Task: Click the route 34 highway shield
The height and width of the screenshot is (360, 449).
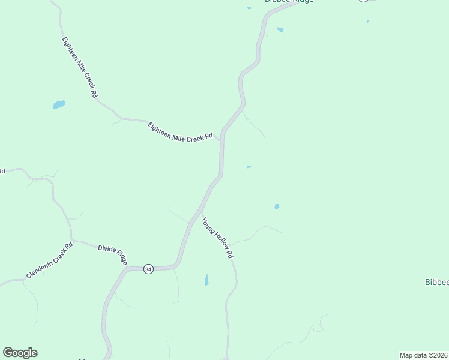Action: pos(148,269)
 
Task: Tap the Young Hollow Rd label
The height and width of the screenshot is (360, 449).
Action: pos(217,238)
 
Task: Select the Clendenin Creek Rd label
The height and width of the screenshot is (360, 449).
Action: pos(50,260)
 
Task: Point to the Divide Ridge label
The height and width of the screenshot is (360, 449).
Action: pos(113,254)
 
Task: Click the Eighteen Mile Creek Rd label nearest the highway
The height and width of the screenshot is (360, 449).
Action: pos(180,131)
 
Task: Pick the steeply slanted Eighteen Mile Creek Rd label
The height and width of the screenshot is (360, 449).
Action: pos(79,67)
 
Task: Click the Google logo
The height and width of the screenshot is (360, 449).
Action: pos(20,353)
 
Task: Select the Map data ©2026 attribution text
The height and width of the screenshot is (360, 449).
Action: pos(424,355)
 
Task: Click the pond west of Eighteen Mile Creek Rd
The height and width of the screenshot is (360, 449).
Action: pos(59,105)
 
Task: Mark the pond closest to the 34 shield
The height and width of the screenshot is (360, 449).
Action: pos(206,280)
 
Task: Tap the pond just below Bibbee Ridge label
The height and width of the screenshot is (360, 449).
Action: pos(280,29)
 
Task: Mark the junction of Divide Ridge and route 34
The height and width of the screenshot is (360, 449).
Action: pos(127,269)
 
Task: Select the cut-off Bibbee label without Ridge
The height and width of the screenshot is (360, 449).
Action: pos(436,282)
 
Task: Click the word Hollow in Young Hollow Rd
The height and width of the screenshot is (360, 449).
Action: pos(218,238)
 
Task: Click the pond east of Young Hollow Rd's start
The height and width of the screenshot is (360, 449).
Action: pos(277,206)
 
